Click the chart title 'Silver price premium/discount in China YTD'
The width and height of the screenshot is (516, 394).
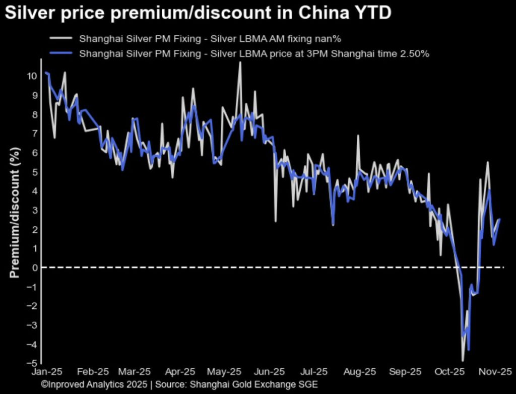(198, 13)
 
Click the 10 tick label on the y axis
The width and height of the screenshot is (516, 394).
(32, 76)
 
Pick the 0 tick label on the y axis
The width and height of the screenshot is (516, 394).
(34, 268)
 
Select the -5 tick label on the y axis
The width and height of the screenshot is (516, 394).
(32, 363)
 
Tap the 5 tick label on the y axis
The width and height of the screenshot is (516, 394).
(34, 172)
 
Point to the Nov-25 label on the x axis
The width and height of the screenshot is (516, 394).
(496, 372)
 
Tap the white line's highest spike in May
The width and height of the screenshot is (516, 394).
(240, 63)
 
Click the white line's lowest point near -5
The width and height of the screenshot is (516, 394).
(463, 360)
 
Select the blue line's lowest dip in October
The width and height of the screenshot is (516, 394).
(469, 350)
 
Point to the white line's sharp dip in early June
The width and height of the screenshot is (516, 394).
(276, 221)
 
